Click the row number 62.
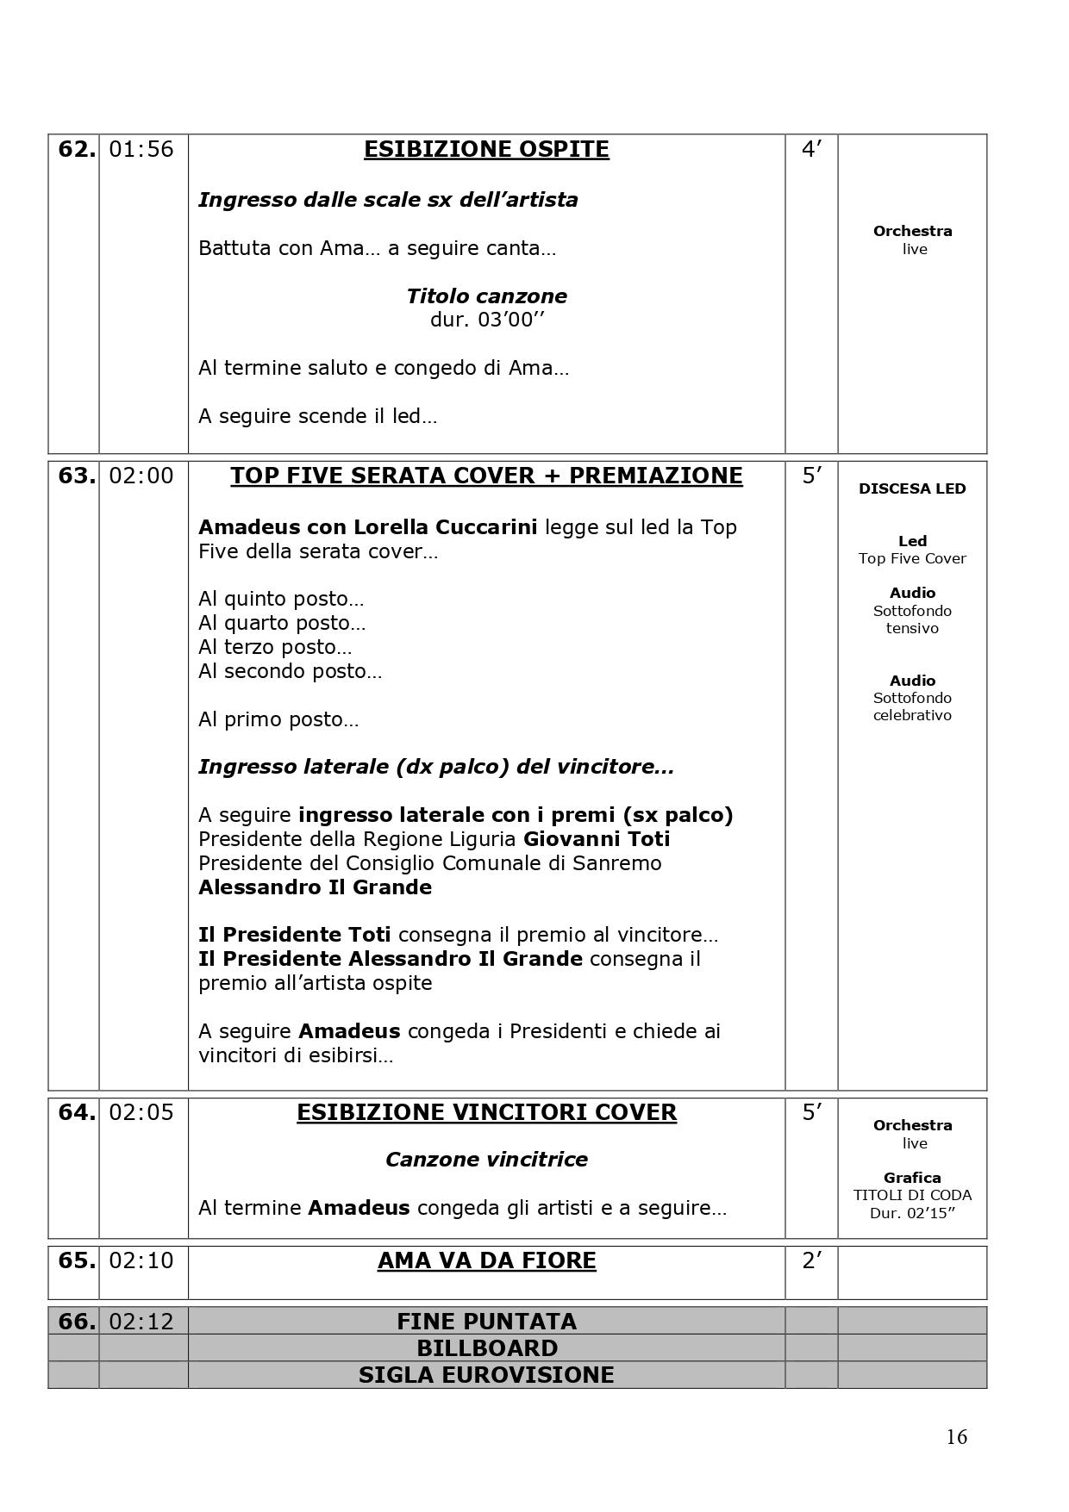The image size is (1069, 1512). [76, 150]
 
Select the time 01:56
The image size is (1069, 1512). [141, 150]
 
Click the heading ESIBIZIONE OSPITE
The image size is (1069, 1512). [486, 150]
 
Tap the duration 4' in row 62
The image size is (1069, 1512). [811, 150]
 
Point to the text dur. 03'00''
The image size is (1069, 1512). [487, 320]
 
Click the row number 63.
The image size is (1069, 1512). [76, 476]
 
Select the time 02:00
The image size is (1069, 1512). [141, 476]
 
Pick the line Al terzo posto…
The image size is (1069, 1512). [275, 647]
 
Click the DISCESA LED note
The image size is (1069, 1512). [912, 489]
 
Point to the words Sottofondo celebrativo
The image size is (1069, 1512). [912, 706]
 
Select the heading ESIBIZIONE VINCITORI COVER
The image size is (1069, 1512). [486, 1113]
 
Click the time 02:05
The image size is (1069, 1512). [141, 1113]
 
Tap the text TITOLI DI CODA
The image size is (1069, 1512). [912, 1196]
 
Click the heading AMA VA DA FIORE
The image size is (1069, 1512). [486, 1261]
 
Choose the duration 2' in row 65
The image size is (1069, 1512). [811, 1261]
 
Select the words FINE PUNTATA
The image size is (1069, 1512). [486, 1322]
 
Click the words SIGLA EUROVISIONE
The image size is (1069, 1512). [486, 1375]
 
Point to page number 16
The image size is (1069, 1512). [956, 1437]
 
